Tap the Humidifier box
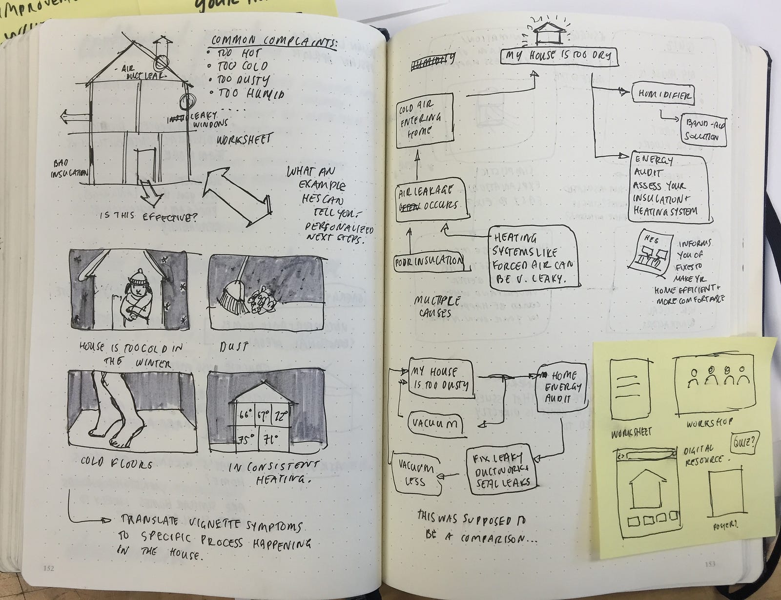click(x=662, y=94)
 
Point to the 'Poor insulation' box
click(x=429, y=261)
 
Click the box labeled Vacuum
click(x=434, y=423)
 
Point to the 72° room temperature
click(x=281, y=416)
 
